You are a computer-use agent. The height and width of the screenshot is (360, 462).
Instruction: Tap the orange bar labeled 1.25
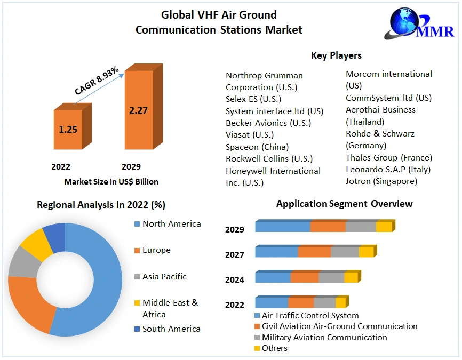[68, 129]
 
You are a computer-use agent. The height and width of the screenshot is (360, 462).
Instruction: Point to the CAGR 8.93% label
[97, 81]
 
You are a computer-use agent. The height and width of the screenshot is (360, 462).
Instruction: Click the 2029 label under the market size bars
[131, 166]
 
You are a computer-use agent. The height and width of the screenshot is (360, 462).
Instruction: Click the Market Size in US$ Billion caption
[111, 181]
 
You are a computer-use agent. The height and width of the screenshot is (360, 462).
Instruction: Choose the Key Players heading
[336, 55]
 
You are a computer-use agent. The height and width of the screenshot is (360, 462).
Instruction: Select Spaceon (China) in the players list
[257, 147]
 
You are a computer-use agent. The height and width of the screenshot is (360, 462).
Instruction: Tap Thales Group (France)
[389, 158]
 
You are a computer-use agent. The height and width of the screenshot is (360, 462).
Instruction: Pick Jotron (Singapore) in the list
[381, 181]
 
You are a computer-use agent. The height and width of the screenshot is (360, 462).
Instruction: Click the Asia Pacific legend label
[164, 276]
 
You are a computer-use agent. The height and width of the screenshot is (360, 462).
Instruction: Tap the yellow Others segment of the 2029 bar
[384, 227]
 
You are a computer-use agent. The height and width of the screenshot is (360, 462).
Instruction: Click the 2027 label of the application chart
[235, 255]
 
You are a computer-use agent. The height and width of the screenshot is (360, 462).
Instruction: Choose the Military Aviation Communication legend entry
[324, 337]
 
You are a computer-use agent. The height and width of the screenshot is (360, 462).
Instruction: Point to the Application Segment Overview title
[344, 204]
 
